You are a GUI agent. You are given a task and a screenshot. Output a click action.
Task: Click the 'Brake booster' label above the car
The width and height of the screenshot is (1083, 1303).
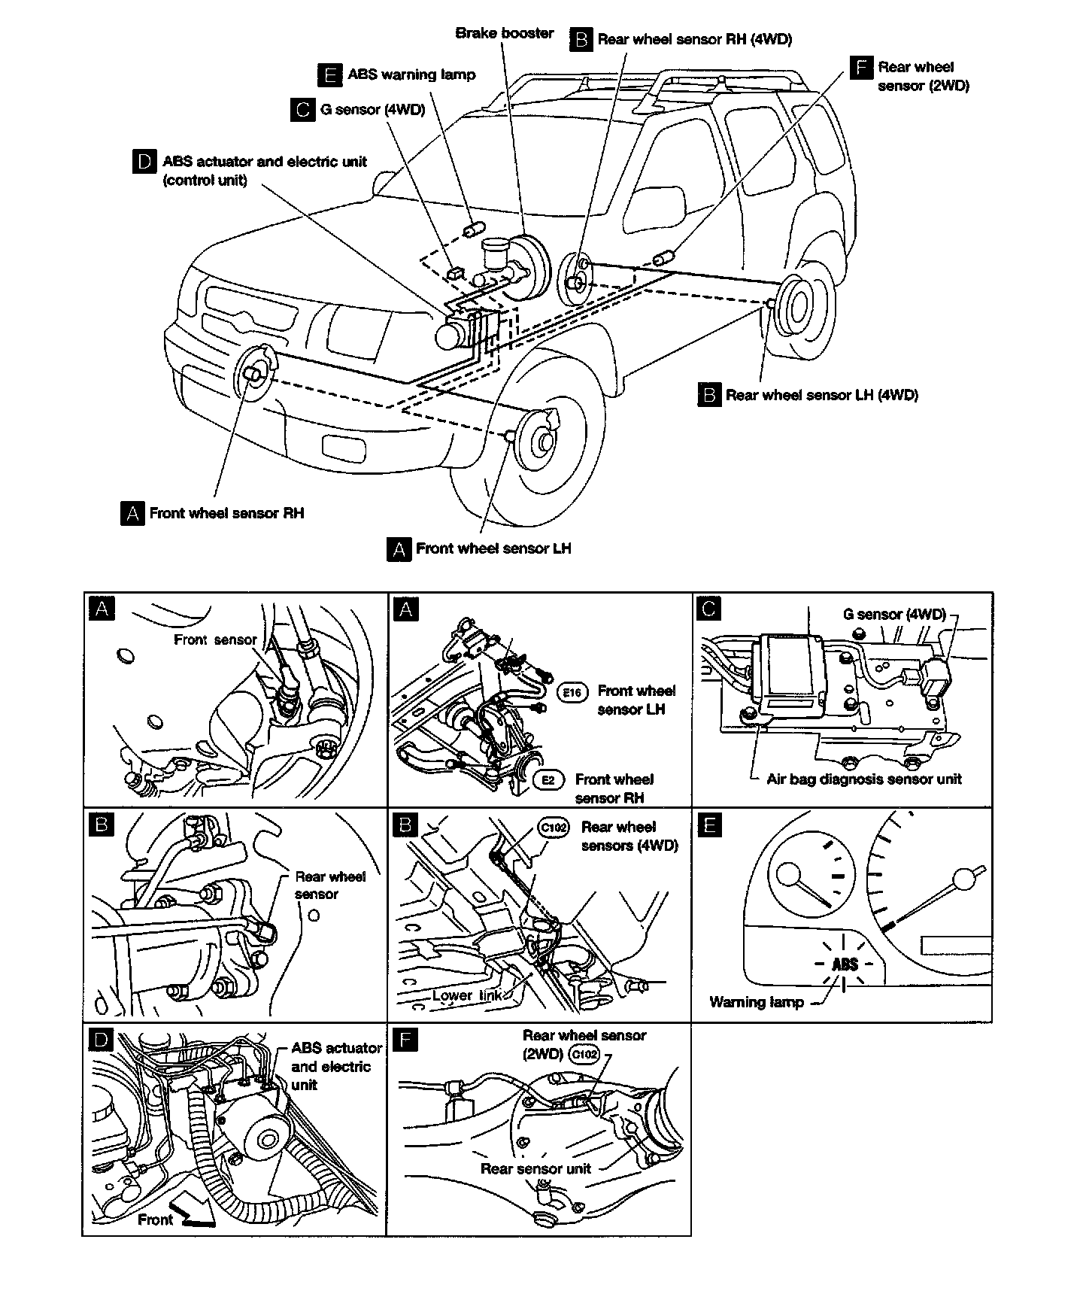pos(505,33)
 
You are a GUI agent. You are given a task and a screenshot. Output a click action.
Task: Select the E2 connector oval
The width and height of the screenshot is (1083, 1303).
pos(548,780)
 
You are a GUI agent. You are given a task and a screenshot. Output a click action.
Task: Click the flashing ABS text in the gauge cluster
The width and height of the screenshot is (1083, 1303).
pos(845,964)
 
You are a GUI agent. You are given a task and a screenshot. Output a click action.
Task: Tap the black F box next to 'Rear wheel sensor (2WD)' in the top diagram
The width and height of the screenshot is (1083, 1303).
pos(860,67)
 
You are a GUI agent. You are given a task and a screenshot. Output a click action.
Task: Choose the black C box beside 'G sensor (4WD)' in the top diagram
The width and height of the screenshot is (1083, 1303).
pos(302,110)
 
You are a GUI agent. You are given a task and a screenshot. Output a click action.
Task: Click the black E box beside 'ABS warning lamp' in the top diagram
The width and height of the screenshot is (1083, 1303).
pos(329,75)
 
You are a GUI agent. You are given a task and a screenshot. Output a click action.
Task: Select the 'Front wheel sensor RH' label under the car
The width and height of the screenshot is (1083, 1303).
pos(226,514)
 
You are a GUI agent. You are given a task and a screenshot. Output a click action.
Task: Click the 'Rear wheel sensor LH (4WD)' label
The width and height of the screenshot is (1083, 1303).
pos(822,395)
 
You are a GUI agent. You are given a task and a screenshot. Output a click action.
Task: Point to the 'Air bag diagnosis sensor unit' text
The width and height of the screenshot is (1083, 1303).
pos(864,779)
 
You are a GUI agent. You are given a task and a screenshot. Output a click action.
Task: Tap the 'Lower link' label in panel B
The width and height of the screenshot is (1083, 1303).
pos(467,995)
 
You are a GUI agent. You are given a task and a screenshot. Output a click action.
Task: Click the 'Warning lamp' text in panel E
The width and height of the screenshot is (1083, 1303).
pos(757,1002)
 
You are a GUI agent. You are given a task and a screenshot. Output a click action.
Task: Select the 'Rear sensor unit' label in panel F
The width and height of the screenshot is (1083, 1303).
pos(535,1168)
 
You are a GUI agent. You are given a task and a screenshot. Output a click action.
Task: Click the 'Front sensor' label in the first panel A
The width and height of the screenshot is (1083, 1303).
pos(215,640)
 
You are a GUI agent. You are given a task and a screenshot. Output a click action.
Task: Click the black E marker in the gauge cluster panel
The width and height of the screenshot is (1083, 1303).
pos(709,825)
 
